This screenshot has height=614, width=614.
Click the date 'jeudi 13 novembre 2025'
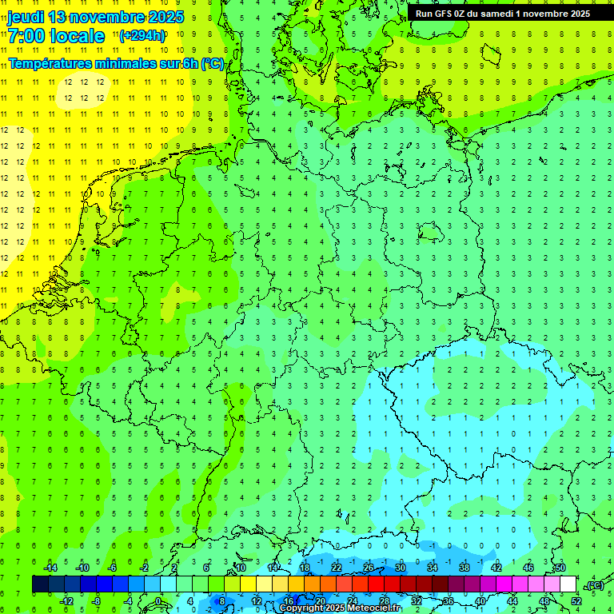(x=96, y=16)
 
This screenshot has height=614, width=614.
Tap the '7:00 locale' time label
(x=56, y=36)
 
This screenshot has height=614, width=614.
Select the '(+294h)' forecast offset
(x=142, y=35)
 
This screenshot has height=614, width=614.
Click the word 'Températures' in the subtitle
(x=48, y=64)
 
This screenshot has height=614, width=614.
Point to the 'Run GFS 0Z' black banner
(x=503, y=13)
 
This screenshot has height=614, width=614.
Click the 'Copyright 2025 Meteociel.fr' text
(x=341, y=608)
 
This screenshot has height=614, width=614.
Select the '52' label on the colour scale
(x=576, y=601)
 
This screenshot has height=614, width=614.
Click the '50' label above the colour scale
(x=560, y=568)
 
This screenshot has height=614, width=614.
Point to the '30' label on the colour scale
(x=401, y=568)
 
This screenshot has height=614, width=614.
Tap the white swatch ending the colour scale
(x=568, y=584)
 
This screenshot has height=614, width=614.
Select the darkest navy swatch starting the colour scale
(x=40, y=584)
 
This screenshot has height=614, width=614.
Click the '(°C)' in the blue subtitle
(x=212, y=64)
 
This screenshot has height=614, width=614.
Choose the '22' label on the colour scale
(x=337, y=568)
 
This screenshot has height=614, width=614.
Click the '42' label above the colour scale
(x=496, y=568)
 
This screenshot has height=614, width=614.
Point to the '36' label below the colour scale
(x=449, y=601)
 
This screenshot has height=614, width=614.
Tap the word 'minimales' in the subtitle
(x=121, y=64)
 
